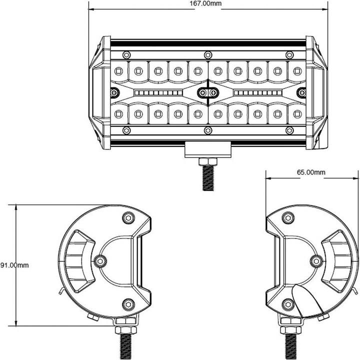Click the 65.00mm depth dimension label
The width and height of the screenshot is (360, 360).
coord(311,172)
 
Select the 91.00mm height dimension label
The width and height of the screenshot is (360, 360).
coord(14,265)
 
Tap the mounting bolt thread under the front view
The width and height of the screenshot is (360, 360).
coord(207,177)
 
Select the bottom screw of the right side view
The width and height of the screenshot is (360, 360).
coord(287,303)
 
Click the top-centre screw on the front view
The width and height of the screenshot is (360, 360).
coord(208,54)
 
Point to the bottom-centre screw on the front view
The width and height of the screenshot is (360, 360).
coord(208,130)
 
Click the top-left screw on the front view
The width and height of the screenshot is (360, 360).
coord(126,54)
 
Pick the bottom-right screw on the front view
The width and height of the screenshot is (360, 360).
coord(289,130)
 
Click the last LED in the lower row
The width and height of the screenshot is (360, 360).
coord(297,114)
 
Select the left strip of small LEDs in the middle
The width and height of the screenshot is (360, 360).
coord(158,92)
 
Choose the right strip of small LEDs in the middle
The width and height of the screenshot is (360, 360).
coord(256,92)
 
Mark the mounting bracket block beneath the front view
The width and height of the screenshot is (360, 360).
coord(207,148)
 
